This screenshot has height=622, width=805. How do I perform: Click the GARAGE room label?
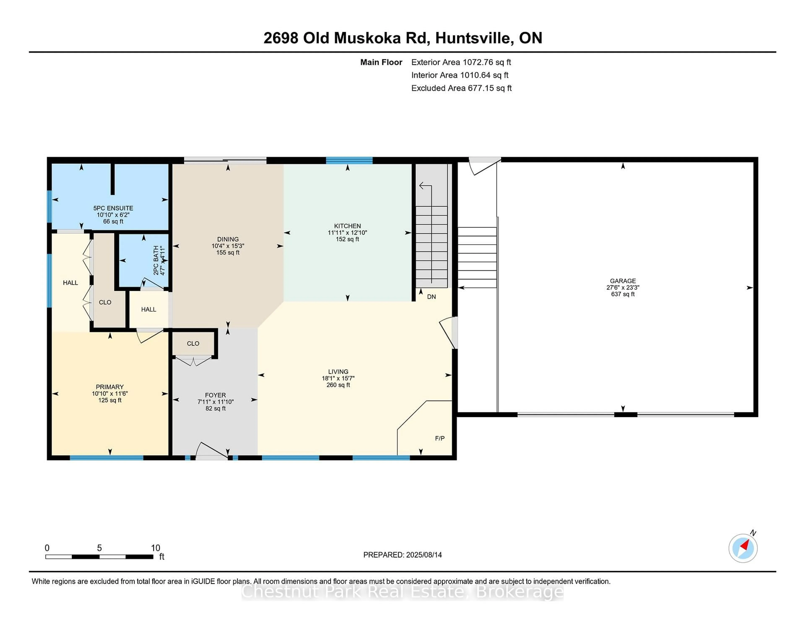click(623, 281)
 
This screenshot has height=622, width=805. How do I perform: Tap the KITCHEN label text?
click(347, 226)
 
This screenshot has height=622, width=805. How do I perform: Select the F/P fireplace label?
click(440, 438)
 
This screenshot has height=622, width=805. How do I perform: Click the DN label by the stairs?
click(431, 297)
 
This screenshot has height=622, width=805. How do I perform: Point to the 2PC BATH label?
click(156, 260)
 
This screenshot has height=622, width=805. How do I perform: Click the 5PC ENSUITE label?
click(113, 208)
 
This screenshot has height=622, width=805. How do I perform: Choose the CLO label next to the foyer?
click(193, 343)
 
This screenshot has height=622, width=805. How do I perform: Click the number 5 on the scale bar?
click(99, 548)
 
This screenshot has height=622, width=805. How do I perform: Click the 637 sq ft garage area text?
click(623, 294)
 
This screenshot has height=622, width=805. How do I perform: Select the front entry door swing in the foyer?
click(211, 451)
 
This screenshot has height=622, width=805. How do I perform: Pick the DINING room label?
click(228, 239)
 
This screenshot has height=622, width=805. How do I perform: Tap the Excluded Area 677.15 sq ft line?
click(461, 88)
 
